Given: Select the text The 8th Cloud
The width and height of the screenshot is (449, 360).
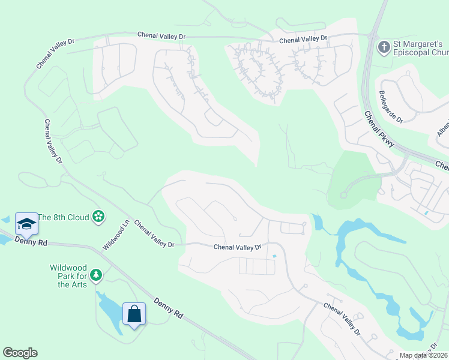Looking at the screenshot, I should pos(64,217).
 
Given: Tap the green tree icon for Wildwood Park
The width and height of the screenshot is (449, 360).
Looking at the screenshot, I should pos(95,275).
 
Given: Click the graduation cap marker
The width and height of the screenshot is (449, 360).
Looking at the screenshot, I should pos(26,224).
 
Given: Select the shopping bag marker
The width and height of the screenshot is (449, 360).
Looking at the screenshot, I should pos(134,313).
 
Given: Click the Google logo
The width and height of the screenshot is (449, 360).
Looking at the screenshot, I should pos(20,353).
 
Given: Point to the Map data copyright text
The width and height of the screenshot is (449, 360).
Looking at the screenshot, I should pos(423,355).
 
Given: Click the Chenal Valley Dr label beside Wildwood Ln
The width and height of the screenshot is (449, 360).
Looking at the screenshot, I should pos(154,233).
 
